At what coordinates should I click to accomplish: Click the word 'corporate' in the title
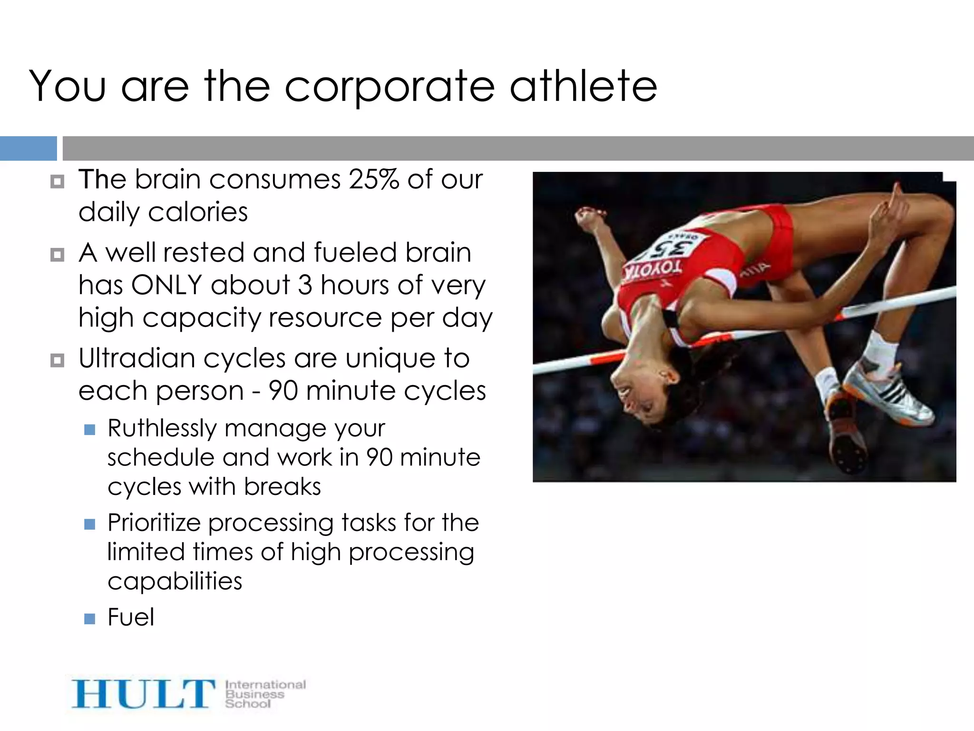(x=390, y=87)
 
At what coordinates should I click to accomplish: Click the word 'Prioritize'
(x=154, y=523)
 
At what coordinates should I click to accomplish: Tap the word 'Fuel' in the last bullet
(x=131, y=617)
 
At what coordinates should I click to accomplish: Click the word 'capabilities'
(x=175, y=581)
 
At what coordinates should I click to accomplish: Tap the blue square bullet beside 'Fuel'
(x=89, y=619)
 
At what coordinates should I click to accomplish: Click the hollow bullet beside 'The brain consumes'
(x=57, y=182)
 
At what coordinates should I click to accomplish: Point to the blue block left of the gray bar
(x=28, y=148)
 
